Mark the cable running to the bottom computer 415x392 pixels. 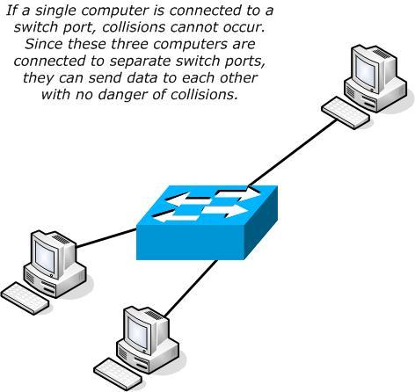point(185,286)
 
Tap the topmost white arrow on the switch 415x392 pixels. point(233,194)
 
